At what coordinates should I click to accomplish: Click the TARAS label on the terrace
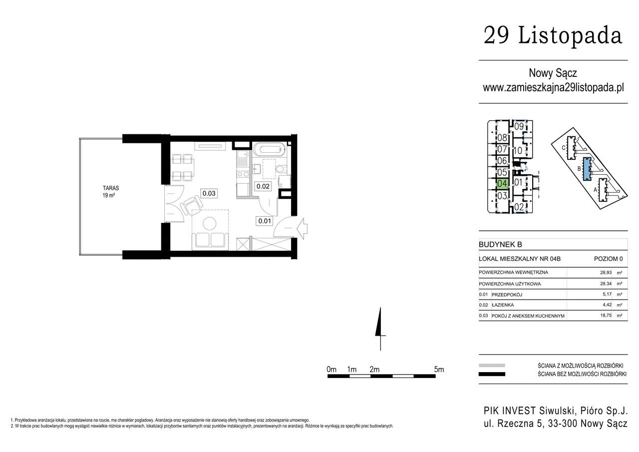click(111, 188)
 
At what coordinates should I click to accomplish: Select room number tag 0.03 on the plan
click(209, 193)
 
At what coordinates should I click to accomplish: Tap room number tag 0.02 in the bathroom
click(263, 186)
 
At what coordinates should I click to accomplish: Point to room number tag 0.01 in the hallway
click(265, 221)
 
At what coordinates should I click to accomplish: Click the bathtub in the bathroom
click(269, 149)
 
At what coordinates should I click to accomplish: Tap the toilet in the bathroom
click(281, 169)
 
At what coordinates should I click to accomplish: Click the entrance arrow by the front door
click(302, 229)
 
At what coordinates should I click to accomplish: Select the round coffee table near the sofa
click(210, 224)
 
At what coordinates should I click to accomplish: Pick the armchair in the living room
click(192, 205)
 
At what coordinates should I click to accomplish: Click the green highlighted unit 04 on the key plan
click(502, 183)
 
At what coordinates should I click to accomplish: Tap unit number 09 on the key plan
click(519, 126)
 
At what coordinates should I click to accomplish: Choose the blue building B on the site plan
click(587, 169)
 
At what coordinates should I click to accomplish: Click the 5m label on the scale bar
click(439, 369)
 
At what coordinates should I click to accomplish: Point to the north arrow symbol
click(380, 329)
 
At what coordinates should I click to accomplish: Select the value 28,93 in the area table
click(606, 273)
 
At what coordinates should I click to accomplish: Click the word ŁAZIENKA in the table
click(502, 305)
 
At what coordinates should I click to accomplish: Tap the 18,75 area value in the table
click(606, 316)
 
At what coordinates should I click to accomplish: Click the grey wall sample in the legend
click(492, 365)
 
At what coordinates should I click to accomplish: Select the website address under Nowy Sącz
click(553, 87)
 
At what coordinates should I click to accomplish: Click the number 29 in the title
click(496, 35)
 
